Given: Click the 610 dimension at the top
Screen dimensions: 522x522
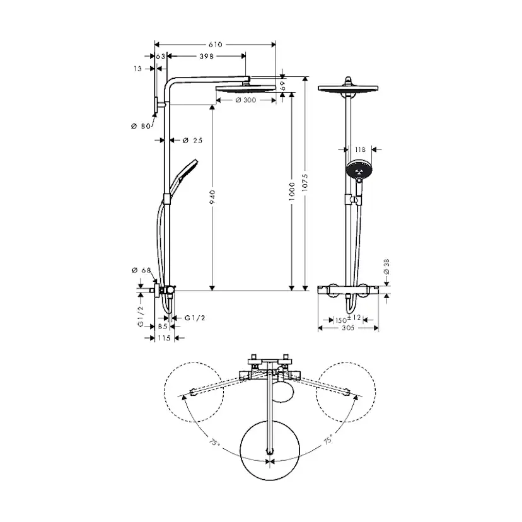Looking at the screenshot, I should click(x=216, y=44).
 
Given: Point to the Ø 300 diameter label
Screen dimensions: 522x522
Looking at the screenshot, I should click(x=245, y=100).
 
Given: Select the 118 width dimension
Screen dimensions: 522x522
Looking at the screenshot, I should click(x=360, y=149).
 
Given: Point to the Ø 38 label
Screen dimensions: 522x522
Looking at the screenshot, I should click(x=386, y=267).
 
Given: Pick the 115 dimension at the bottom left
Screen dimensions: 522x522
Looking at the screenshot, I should click(x=164, y=338).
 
